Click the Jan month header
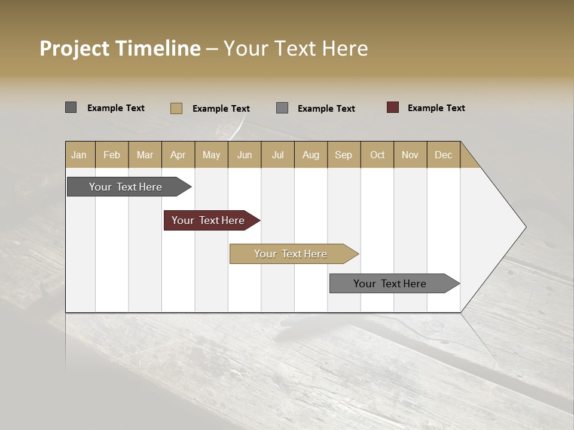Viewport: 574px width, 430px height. (x=79, y=155)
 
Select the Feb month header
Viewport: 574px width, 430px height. (x=112, y=155)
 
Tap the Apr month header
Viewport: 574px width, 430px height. (x=178, y=155)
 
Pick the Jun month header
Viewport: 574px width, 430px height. (x=245, y=155)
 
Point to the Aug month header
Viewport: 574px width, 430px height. (x=310, y=155)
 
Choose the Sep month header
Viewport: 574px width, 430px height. (x=343, y=155)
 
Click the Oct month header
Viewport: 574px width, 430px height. (x=377, y=155)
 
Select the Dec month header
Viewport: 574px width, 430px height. (x=443, y=155)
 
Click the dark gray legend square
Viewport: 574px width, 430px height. (x=71, y=107)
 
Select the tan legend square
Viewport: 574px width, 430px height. (x=176, y=108)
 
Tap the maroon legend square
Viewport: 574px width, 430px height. (x=392, y=107)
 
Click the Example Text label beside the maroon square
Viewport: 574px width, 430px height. (x=436, y=108)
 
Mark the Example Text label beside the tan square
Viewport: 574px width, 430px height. (x=221, y=109)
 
